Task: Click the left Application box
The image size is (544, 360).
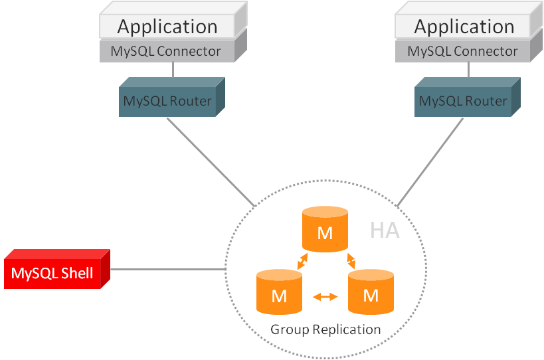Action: coord(167,27)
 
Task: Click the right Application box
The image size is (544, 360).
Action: coord(464,27)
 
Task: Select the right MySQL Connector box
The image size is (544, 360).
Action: coord(463,51)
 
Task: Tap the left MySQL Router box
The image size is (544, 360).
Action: coord(167,102)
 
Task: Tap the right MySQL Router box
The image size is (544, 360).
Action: coord(463,102)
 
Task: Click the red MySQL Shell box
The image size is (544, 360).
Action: coord(52,273)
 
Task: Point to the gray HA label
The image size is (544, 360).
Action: coord(385,230)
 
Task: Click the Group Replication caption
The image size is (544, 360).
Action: coord(325,329)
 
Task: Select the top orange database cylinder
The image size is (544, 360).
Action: coord(325,230)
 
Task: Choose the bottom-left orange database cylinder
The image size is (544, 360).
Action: coord(279,292)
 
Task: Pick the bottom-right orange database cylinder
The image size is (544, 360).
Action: coord(371,292)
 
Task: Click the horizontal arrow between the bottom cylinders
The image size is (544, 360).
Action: coord(325,297)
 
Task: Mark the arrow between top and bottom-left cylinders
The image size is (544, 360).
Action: coord(302,261)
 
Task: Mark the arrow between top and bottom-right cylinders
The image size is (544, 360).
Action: coord(349,261)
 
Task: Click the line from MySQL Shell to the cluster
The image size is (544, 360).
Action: coord(168,269)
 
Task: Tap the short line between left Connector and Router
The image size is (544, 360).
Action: coord(173,70)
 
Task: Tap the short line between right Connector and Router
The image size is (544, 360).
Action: coord(468,70)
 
